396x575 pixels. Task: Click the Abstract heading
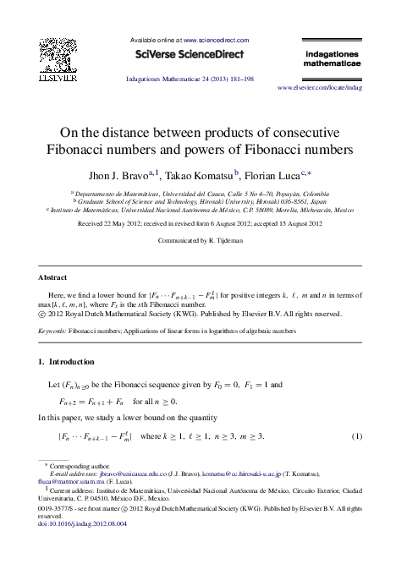pos(53,277)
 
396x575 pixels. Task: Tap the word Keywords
pos(52,332)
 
